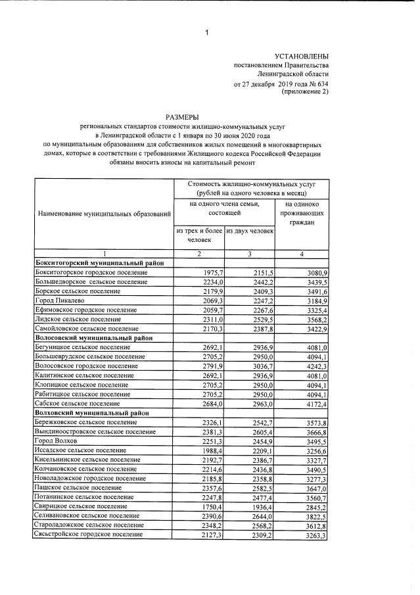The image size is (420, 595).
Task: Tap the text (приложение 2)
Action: pos(304,92)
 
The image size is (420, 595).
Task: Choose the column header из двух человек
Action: pos(249,231)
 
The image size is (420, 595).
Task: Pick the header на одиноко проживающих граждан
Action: pos(302,214)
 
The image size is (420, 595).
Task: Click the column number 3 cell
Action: pos(250,254)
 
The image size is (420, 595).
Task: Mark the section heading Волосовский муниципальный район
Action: pos(93,337)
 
